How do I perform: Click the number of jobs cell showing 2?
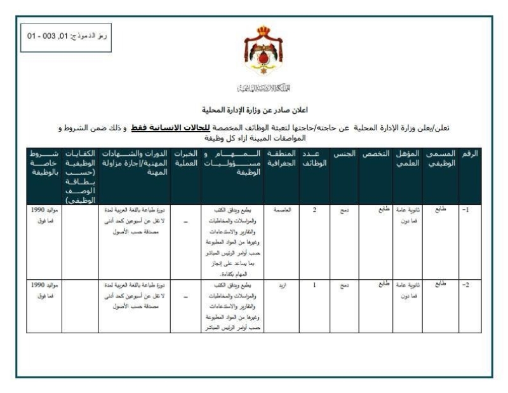pyautogui.click(x=314, y=209)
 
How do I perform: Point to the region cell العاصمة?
pyautogui.click(x=281, y=209)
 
